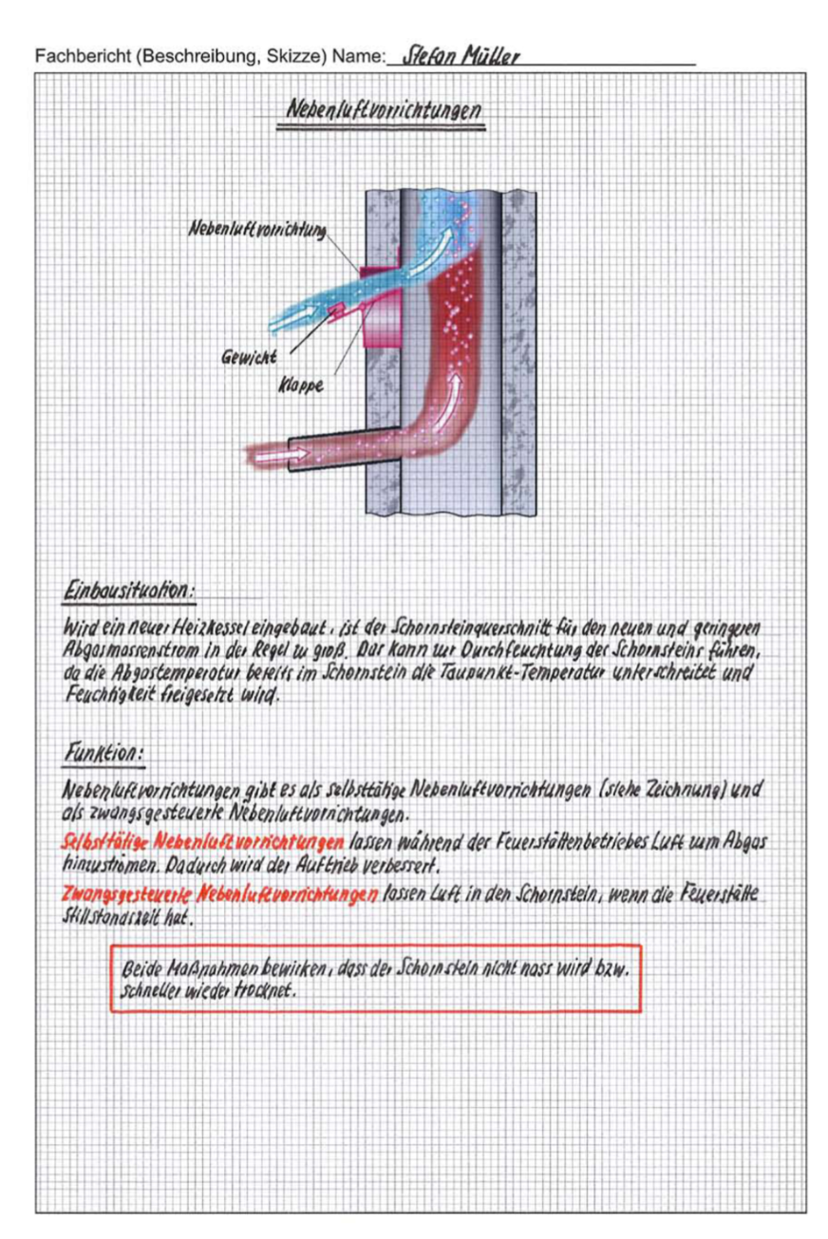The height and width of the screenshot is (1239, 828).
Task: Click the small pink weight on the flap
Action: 335,309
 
